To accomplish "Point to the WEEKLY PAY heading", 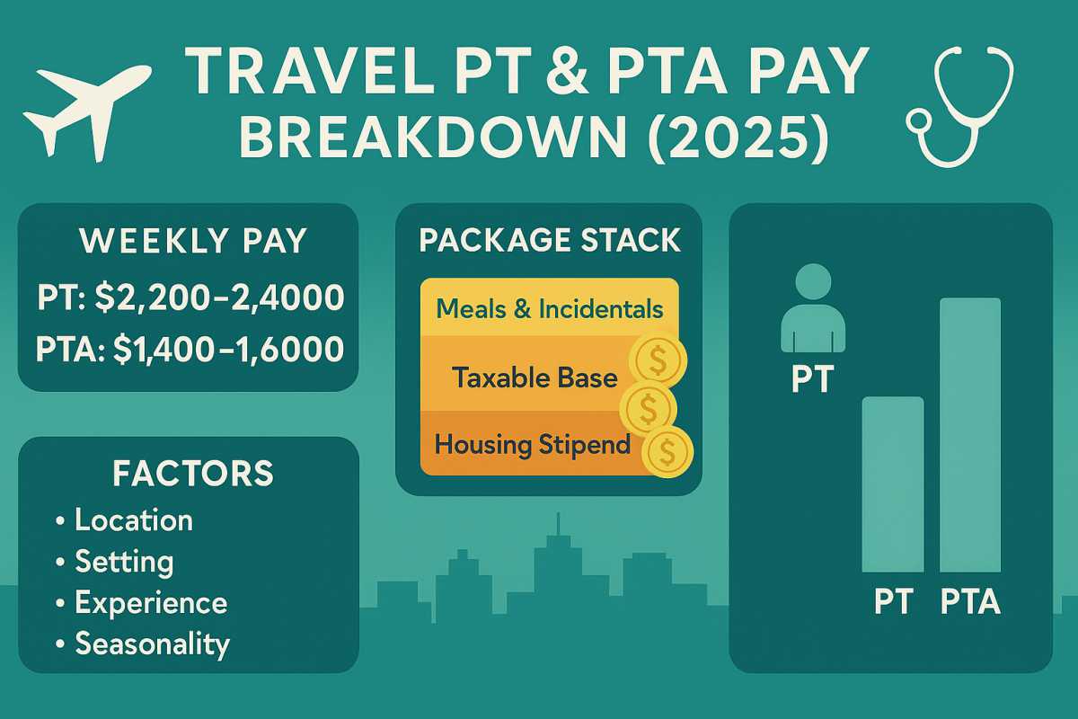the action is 193,240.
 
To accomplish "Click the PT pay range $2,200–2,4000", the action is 219,297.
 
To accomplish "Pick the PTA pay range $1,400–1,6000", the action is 228,349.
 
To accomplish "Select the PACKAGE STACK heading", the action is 550,240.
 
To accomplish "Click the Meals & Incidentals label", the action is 550,308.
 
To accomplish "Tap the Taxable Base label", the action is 535,377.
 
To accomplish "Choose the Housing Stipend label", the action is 532,445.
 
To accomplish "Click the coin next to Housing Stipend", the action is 667,452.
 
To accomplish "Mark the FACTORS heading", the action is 193,474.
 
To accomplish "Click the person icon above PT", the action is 813,308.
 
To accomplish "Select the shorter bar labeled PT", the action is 893,484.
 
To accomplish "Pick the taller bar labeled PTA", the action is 970,435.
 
